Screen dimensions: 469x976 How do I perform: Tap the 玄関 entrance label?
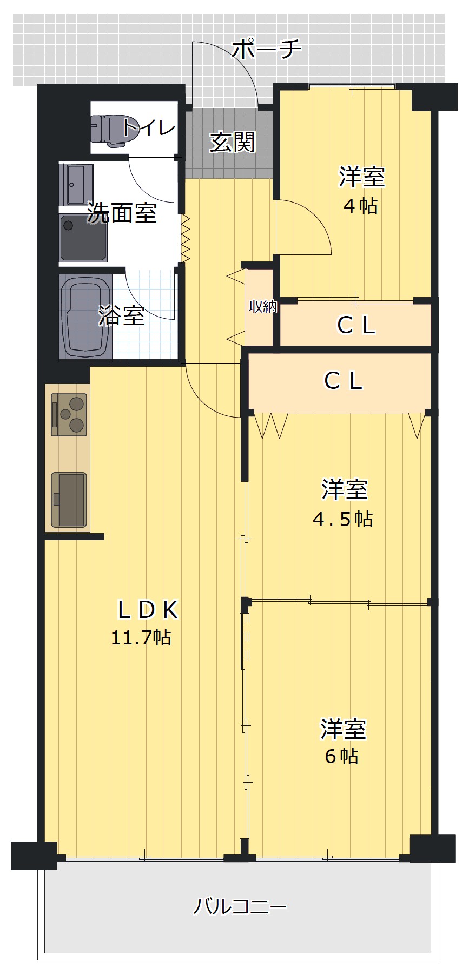point(232,142)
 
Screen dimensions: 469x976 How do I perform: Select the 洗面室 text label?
point(122,213)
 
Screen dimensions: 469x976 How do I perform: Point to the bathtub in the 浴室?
point(86,318)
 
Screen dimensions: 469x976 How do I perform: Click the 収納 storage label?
point(263,307)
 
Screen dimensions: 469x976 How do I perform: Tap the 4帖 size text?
point(361,206)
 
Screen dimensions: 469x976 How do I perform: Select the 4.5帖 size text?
point(343,519)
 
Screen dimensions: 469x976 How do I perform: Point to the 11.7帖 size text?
point(141,638)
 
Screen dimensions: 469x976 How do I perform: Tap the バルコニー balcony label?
point(240,906)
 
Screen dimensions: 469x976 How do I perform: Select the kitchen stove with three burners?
point(69,415)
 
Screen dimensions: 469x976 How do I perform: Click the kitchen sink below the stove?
point(69,500)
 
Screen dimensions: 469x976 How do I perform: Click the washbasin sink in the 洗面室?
point(76,185)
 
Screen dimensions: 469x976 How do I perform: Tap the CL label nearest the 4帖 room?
point(356,325)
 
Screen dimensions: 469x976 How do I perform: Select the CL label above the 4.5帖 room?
point(343,381)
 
